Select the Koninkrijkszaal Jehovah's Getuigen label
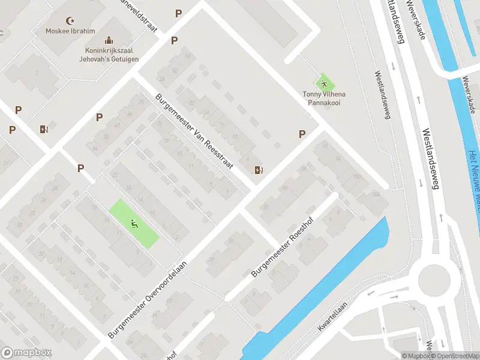108,55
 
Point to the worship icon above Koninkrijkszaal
108,41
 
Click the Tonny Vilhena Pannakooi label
323,98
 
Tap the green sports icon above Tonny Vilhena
324,83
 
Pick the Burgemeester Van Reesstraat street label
194,131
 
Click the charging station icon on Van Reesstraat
259,170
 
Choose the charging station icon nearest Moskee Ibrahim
43,128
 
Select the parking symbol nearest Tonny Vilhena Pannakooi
302,134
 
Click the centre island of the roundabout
434,280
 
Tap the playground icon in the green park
134,224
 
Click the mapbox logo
26,352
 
